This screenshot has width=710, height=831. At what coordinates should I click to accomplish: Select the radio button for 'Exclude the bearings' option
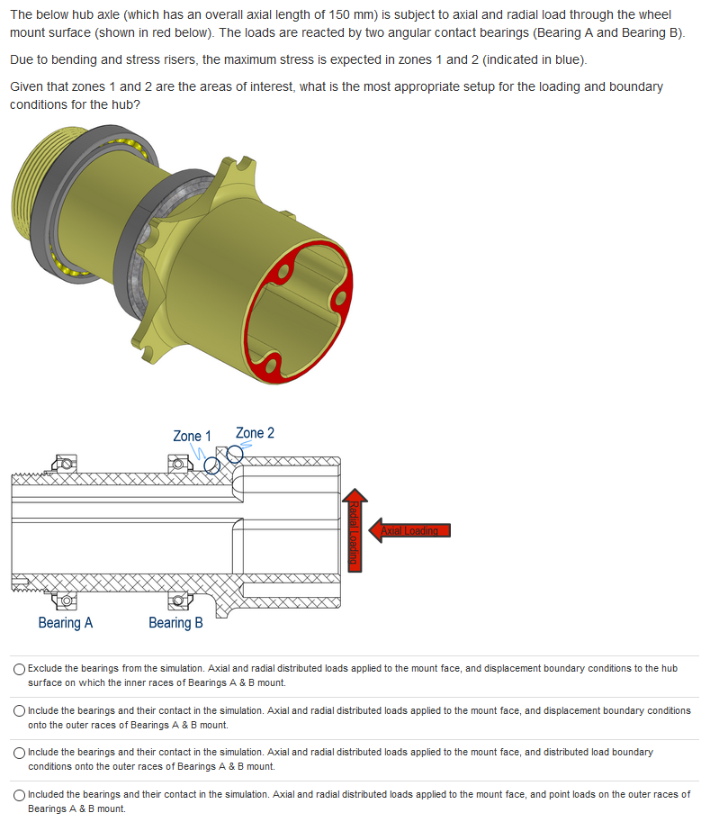[x=19, y=669]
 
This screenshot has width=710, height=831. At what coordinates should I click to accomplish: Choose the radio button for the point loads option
[x=19, y=795]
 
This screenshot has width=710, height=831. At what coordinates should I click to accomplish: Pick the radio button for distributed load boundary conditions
[x=19, y=753]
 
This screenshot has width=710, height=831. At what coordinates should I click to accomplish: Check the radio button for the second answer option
[x=19, y=711]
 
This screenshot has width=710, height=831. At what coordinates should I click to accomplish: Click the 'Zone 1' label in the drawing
[x=192, y=436]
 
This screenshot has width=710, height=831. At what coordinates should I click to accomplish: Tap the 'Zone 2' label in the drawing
[x=255, y=433]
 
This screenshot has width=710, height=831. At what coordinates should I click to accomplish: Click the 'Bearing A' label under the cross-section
[x=65, y=622]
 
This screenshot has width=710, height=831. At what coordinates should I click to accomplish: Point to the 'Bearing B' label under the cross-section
[x=175, y=622]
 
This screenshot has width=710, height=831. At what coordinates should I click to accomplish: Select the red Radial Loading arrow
[x=355, y=530]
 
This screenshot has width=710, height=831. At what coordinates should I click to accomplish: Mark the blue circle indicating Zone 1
[x=212, y=465]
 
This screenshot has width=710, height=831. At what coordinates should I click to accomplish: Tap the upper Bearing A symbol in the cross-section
[x=65, y=465]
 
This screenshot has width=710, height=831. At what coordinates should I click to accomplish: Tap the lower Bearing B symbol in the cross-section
[x=180, y=600]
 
